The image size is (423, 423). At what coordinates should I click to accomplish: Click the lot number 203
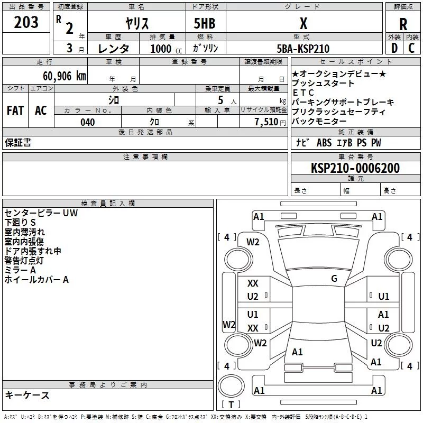pyautogui.click(x=26, y=22)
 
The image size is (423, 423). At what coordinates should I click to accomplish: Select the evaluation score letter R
pyautogui.click(x=403, y=24)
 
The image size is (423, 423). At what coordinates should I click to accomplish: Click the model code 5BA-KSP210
pyautogui.click(x=303, y=49)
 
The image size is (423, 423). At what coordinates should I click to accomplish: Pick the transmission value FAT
pyautogui.click(x=15, y=111)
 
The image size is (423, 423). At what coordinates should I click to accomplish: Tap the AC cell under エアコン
pyautogui.click(x=41, y=111)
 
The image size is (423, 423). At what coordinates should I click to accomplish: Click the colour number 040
pyautogui.click(x=88, y=123)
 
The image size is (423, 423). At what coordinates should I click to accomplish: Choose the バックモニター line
pyautogui.click(x=320, y=122)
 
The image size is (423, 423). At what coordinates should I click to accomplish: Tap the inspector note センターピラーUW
pyautogui.click(x=41, y=213)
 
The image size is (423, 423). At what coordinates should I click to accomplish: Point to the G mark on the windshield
pyautogui.click(x=334, y=279)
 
